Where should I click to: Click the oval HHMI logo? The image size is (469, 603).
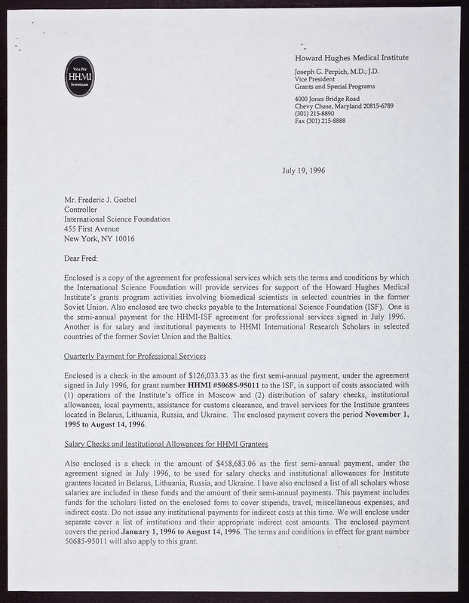(78, 75)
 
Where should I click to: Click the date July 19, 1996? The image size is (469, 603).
(304, 171)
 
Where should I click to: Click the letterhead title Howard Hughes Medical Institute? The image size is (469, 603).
(351, 58)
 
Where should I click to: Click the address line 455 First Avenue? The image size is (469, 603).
(93, 229)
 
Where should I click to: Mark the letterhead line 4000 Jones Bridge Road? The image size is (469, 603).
(326, 99)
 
